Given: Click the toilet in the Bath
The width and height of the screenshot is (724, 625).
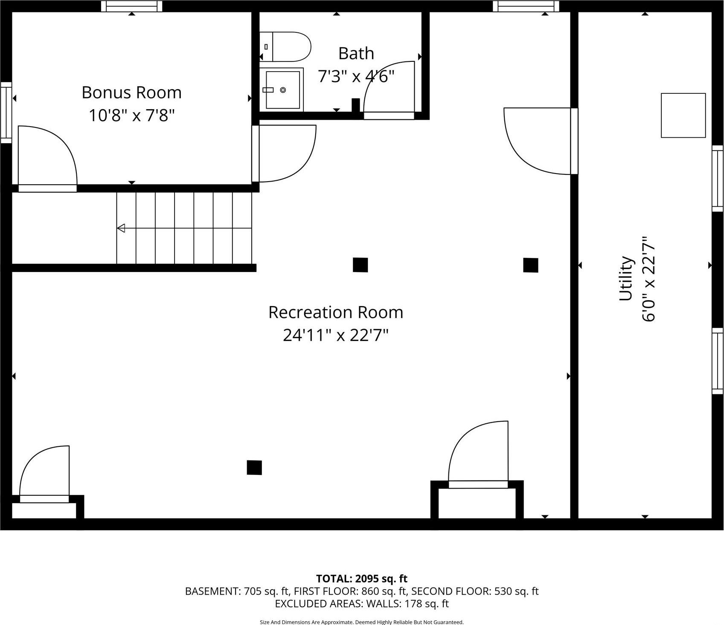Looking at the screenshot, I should pyautogui.click(x=290, y=46).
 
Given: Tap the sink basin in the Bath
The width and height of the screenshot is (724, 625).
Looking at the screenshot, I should pyautogui.click(x=282, y=90).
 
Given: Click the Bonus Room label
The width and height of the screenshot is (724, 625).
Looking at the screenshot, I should pyautogui.click(x=131, y=93).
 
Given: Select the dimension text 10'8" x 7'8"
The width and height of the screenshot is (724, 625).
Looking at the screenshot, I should pyautogui.click(x=131, y=115).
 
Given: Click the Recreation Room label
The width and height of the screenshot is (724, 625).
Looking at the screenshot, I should pyautogui.click(x=335, y=312).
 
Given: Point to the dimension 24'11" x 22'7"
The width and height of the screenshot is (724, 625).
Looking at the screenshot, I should pyautogui.click(x=335, y=336).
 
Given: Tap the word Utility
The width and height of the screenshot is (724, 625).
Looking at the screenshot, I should pyautogui.click(x=626, y=278).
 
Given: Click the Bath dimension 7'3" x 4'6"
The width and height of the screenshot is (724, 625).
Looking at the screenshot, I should pyautogui.click(x=356, y=76).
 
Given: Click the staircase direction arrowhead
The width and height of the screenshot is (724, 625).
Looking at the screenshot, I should pyautogui.click(x=121, y=228).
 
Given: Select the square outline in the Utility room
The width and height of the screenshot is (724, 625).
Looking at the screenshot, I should pyautogui.click(x=683, y=116).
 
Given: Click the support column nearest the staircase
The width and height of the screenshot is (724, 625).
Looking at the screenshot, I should pyautogui.click(x=360, y=265).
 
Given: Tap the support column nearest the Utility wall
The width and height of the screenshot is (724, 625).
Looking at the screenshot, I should pyautogui.click(x=530, y=265).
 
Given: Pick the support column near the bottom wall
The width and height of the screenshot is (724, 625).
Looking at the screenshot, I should pyautogui.click(x=254, y=468).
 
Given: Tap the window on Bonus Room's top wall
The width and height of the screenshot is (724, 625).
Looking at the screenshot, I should pyautogui.click(x=131, y=6).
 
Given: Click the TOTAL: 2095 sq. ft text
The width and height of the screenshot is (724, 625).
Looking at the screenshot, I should pyautogui.click(x=362, y=579).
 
